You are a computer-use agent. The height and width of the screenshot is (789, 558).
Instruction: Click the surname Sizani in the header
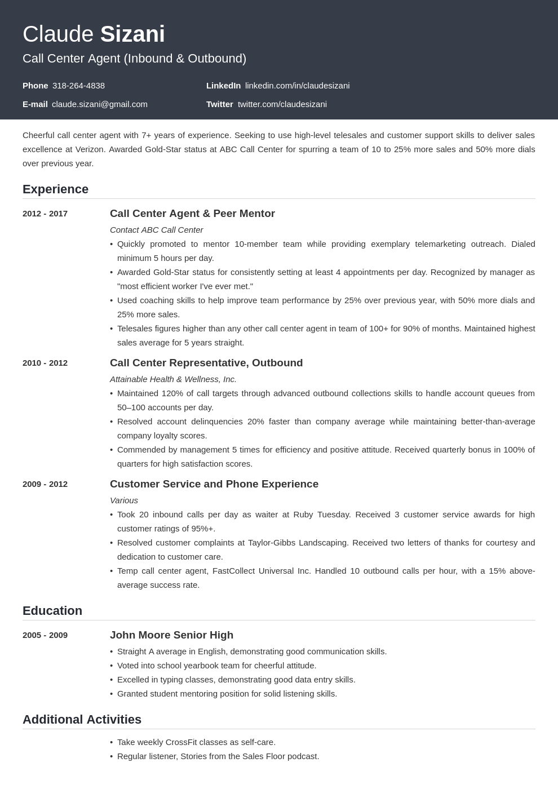(132, 34)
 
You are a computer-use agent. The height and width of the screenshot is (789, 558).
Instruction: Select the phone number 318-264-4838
(78, 86)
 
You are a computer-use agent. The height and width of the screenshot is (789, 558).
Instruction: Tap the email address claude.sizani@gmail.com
(100, 104)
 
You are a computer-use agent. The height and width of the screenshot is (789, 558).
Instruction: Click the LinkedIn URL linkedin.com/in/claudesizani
(297, 86)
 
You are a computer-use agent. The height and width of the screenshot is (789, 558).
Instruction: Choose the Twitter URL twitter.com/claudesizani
(282, 104)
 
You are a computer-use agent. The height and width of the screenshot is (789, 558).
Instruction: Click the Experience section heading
(55, 189)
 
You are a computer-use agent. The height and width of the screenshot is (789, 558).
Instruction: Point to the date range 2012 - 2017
(45, 214)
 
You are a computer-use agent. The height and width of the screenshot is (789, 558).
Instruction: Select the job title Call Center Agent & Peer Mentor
(192, 214)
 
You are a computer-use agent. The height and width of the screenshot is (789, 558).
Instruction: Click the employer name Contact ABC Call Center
(156, 230)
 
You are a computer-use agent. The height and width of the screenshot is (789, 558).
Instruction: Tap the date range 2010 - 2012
(45, 363)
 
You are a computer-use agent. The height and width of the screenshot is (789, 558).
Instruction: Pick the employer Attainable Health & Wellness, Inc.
(173, 379)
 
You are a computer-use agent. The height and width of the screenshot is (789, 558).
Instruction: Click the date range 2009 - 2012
(45, 484)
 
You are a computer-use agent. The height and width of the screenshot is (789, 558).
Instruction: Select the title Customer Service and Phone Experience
(214, 484)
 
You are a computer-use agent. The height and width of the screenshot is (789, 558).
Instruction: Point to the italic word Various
(124, 500)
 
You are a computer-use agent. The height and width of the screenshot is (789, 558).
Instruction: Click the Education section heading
(52, 611)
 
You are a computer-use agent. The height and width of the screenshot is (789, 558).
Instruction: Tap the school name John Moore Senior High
(171, 635)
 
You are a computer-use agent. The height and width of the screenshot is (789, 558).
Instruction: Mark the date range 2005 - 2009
(45, 635)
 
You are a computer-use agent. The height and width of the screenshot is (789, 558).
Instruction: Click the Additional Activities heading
(82, 720)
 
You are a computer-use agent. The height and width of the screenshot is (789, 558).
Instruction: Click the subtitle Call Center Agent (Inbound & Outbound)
(134, 59)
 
